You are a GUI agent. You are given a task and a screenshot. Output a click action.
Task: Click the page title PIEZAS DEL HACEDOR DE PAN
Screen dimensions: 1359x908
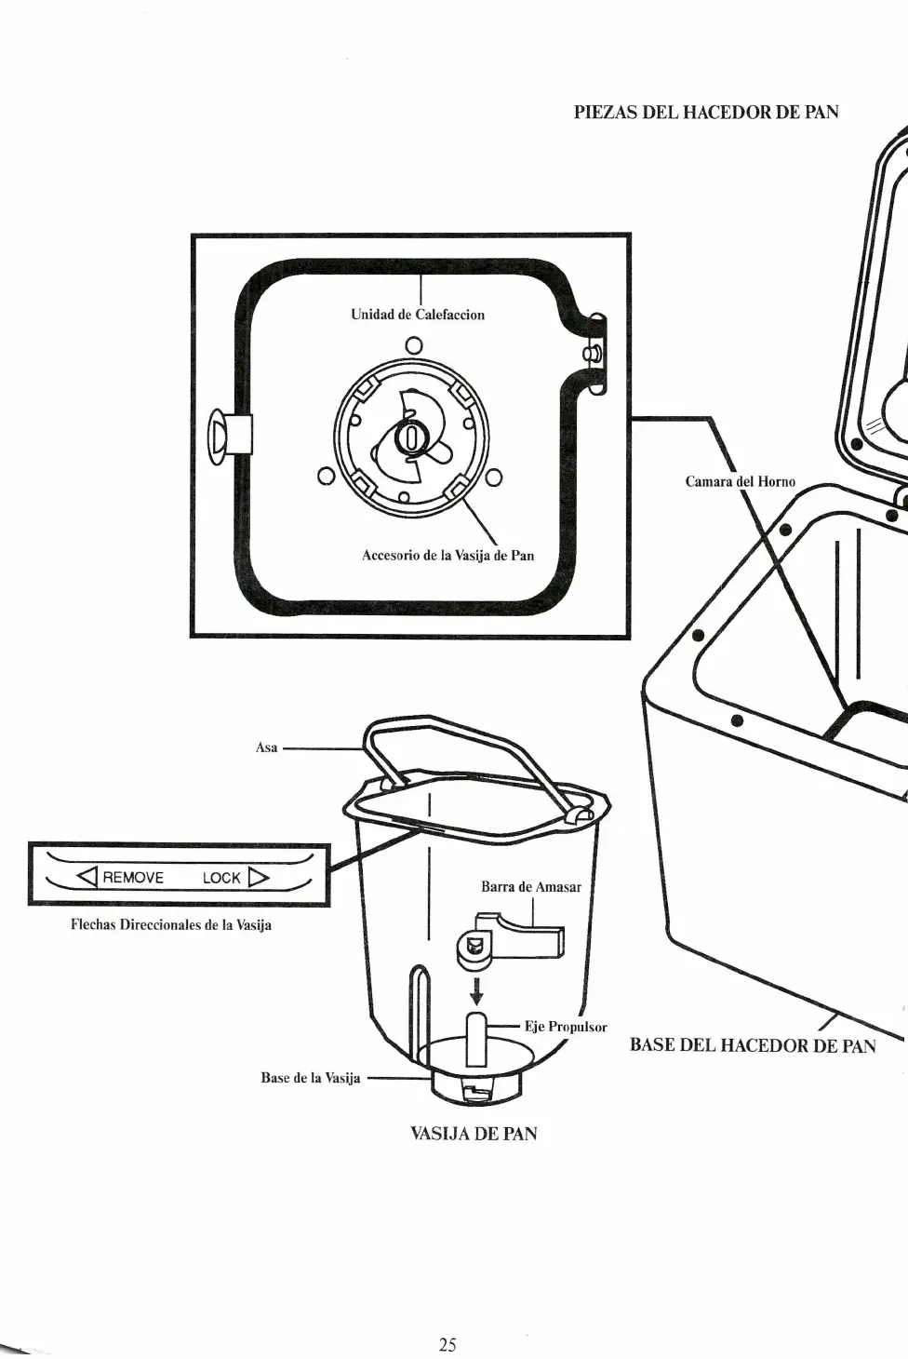coord(706,113)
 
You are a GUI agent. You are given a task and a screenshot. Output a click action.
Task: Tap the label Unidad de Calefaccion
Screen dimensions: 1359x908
coord(418,315)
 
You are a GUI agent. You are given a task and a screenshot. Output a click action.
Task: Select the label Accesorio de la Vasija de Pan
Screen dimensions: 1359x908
coord(447,556)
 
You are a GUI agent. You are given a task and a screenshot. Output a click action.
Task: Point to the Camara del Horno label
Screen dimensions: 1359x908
coord(740,481)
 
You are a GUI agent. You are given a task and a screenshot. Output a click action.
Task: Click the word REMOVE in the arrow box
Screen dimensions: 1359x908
coord(133,877)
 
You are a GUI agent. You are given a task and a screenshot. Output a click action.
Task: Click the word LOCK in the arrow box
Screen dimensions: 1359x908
coord(221,877)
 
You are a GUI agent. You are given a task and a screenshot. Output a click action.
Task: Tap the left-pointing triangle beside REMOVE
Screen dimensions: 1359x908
coord(87,877)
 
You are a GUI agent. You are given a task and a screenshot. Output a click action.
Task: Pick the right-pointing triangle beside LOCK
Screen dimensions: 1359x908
coord(258,877)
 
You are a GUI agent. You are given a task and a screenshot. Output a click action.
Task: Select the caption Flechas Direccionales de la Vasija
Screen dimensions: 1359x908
coord(171,925)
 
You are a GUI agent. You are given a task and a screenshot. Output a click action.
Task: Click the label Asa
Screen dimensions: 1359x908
coord(266,747)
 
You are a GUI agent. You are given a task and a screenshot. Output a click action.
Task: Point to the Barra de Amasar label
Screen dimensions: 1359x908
coord(530,887)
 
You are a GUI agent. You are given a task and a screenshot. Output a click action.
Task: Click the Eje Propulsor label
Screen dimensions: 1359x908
coord(566,1027)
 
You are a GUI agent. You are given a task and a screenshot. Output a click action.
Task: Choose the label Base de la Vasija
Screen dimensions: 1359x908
coord(310,1078)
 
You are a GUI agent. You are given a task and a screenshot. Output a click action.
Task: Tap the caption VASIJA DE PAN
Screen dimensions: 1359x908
coord(474,1134)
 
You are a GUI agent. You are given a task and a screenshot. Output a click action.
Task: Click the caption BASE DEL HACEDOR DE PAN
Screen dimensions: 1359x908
coord(753,1044)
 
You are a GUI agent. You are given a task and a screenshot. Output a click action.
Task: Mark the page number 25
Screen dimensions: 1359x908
coord(447,1344)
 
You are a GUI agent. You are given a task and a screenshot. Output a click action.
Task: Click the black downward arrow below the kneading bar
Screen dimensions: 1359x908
coord(476,990)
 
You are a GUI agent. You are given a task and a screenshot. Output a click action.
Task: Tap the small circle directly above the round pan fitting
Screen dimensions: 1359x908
coord(414,345)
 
